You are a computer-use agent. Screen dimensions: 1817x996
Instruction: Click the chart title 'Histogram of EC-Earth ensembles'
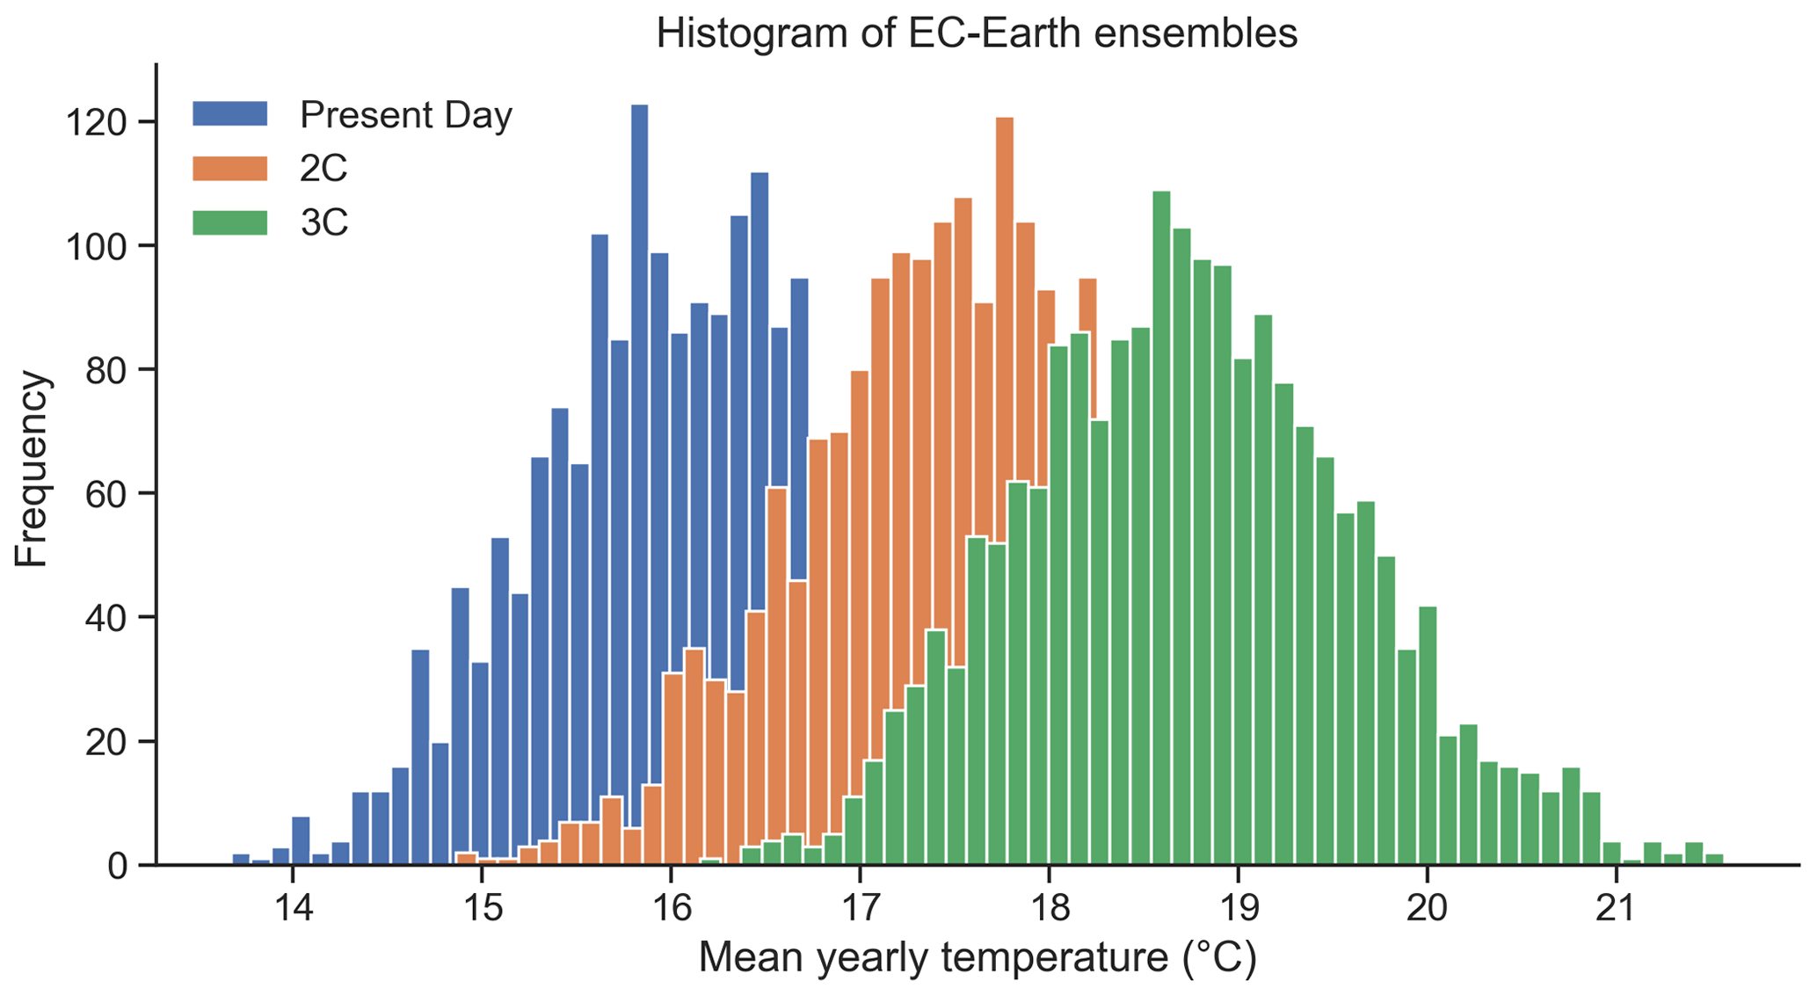(977, 33)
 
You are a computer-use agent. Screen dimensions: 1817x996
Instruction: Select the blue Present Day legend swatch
(230, 113)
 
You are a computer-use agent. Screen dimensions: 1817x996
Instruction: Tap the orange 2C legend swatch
(230, 168)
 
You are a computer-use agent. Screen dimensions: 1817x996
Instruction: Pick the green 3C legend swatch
(230, 222)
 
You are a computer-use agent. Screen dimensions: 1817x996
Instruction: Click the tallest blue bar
(640, 484)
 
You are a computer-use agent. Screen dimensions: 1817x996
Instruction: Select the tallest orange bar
(1005, 491)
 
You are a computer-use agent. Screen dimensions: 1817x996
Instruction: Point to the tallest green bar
(1161, 527)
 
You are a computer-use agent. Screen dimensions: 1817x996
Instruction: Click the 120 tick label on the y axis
(98, 122)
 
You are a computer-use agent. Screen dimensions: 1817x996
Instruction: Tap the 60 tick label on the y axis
(107, 493)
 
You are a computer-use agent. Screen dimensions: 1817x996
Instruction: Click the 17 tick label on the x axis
(860, 906)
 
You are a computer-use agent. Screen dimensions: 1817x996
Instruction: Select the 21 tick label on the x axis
(1616, 906)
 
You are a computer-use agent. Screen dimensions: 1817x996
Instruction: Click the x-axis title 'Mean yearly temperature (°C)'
(978, 958)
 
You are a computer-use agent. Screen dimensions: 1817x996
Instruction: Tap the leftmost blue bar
(241, 859)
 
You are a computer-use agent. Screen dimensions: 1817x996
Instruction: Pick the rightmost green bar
(1714, 859)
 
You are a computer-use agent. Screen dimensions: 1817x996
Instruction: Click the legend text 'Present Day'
(405, 115)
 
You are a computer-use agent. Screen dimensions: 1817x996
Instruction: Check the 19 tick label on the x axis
(1238, 906)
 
